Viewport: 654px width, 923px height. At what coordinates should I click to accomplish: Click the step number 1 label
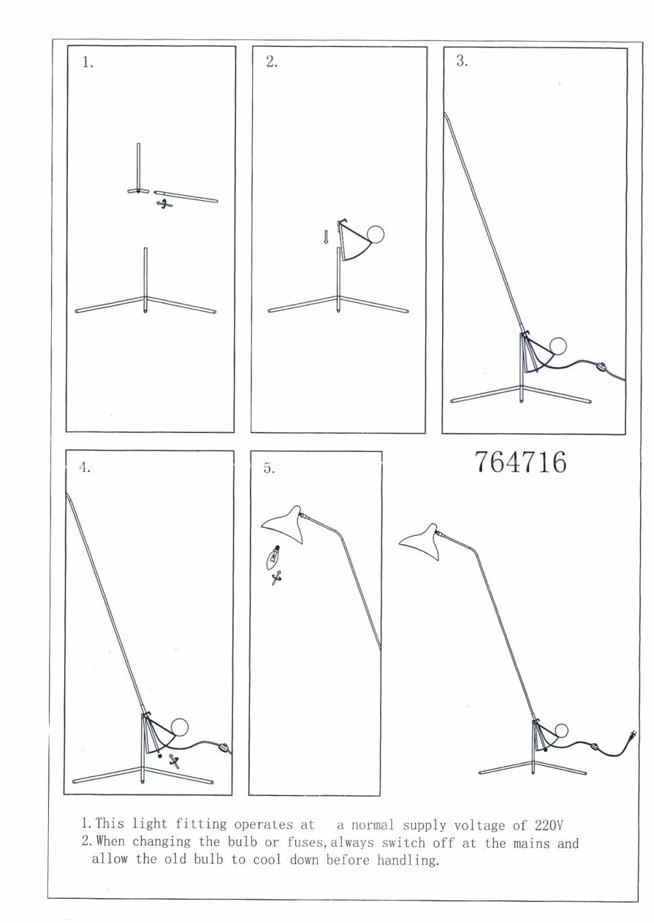point(88,63)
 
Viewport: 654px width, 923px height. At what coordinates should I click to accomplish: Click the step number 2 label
point(272,61)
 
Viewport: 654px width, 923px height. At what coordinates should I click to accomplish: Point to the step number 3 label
point(462,61)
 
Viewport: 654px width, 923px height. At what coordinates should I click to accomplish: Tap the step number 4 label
point(85,468)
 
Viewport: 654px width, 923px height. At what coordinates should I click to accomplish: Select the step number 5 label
point(269,468)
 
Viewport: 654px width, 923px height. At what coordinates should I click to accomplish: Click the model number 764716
point(521,462)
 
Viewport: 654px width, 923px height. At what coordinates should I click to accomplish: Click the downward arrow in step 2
point(326,237)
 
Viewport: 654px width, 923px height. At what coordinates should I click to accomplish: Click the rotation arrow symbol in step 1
point(164,203)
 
